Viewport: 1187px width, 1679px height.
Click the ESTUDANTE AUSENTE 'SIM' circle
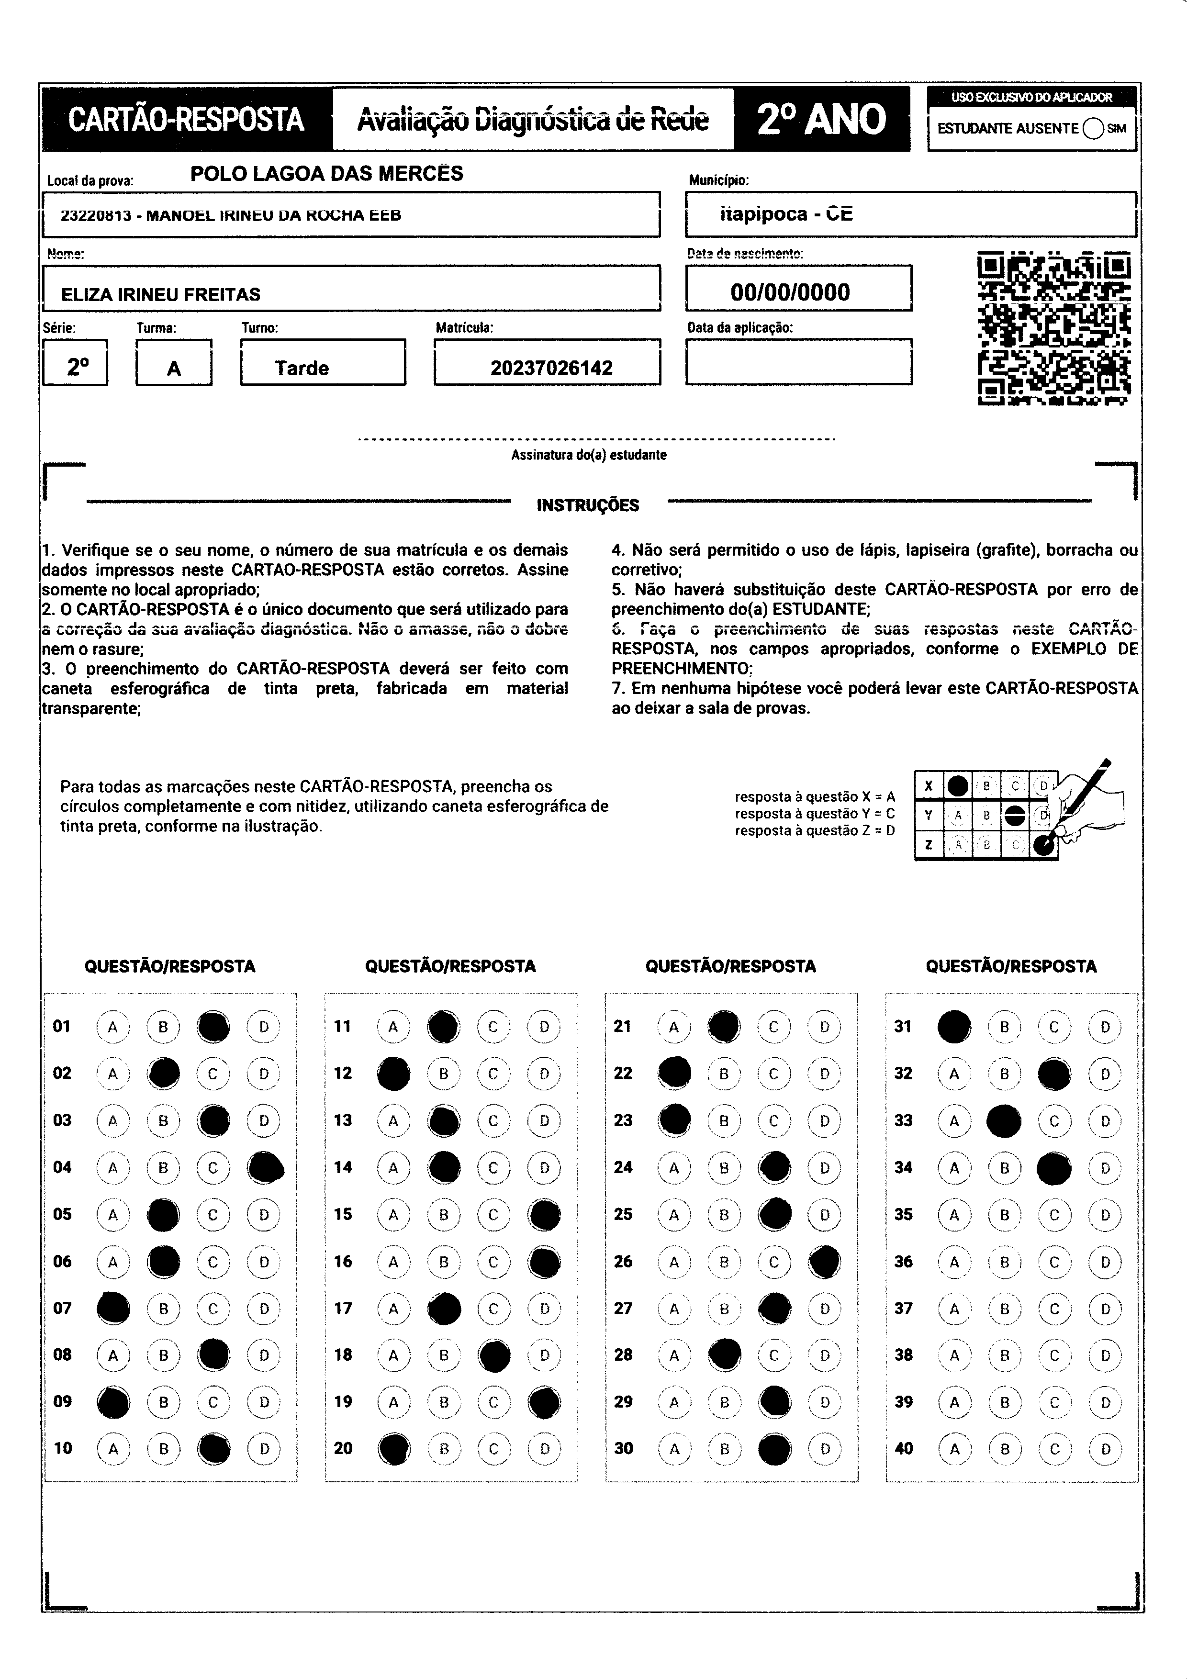tap(1093, 129)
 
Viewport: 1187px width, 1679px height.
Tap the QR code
tap(1054, 328)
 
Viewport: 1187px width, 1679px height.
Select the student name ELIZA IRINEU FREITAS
tap(160, 295)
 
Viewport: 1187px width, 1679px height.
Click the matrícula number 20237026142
tap(551, 368)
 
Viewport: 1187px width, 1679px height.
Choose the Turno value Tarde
tap(302, 368)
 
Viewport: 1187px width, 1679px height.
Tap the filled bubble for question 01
tap(213, 1027)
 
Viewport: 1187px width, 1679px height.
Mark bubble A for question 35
tap(954, 1215)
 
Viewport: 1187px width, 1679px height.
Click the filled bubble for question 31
tap(954, 1027)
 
